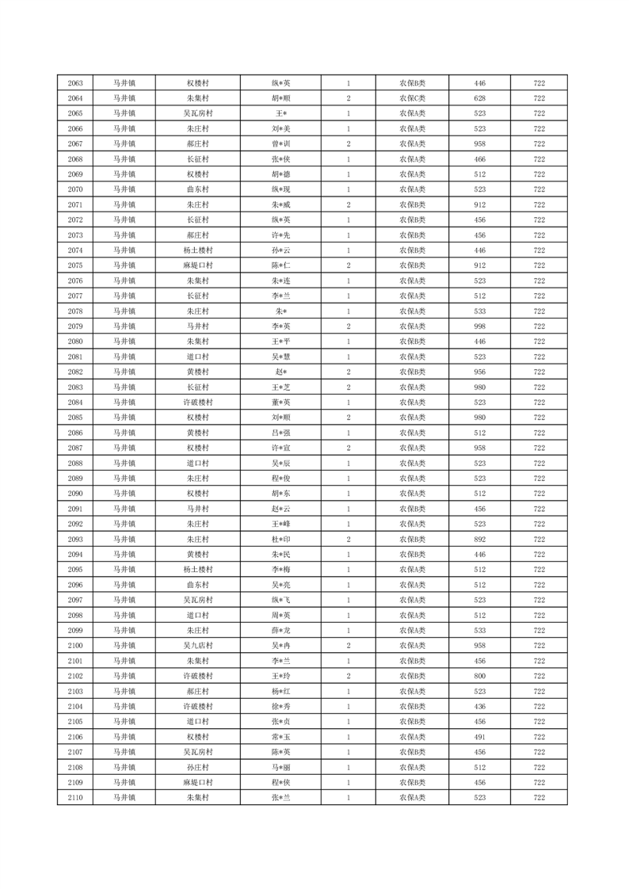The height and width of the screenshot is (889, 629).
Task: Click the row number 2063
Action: (75, 83)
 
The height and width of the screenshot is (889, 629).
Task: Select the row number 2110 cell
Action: (75, 797)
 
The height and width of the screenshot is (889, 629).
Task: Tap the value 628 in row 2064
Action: (479, 98)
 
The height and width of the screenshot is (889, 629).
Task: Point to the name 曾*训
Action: (281, 144)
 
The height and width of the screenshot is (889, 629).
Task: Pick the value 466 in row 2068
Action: (479, 159)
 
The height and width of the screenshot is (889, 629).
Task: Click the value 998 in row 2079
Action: (479, 326)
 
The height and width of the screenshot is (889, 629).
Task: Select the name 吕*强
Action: (281, 433)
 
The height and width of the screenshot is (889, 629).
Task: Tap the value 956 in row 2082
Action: (479, 372)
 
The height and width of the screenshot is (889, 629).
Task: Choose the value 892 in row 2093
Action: (479, 539)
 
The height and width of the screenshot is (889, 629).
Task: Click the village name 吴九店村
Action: (197, 645)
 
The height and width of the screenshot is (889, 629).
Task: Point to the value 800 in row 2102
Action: (479, 676)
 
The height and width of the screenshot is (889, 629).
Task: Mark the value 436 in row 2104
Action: (479, 706)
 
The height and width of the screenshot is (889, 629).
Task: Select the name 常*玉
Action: (281, 736)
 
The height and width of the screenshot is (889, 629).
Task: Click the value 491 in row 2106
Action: (479, 736)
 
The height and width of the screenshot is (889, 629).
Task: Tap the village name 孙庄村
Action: (197, 767)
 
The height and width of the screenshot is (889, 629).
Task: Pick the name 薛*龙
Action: (281, 630)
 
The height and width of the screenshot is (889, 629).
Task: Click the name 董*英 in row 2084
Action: (281, 403)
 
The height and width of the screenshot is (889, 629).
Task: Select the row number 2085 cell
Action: (75, 418)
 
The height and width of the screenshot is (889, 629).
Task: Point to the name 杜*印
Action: (281, 539)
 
